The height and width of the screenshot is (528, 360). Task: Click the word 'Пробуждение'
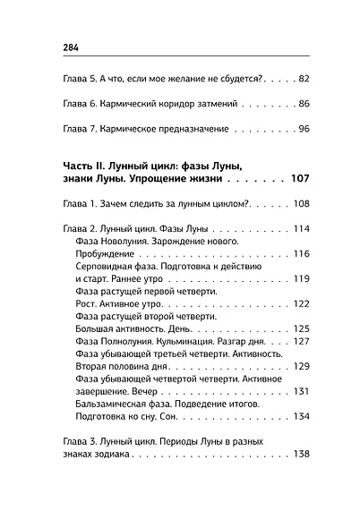coord(105,255)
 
